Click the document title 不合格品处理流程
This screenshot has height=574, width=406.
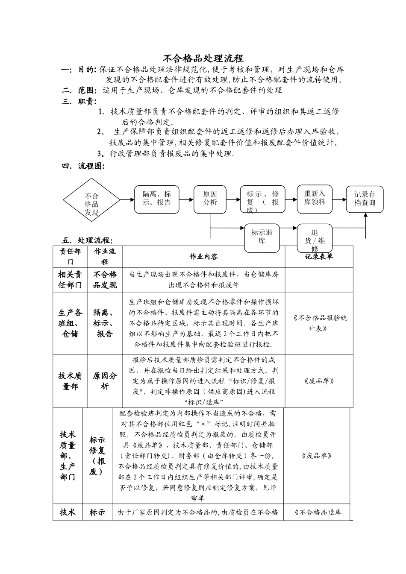(203, 59)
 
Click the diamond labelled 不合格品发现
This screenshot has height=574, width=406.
(91, 200)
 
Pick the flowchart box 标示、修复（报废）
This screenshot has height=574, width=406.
(262, 200)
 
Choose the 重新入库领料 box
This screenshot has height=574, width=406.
(315, 199)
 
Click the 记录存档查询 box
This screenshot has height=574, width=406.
(365, 199)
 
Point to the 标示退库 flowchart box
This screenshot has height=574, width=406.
(262, 237)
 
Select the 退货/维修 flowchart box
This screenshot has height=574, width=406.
(315, 238)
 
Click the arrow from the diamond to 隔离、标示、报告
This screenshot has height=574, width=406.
(127, 199)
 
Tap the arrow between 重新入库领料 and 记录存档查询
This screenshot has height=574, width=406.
(339, 199)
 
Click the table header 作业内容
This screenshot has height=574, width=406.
(203, 257)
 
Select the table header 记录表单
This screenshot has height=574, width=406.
(319, 256)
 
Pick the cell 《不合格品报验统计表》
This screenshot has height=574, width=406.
(319, 323)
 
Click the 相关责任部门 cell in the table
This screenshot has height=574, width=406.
(70, 280)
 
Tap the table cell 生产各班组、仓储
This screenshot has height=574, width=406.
(70, 323)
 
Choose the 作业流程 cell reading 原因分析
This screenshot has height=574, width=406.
(105, 381)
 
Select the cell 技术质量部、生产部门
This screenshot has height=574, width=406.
(68, 456)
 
